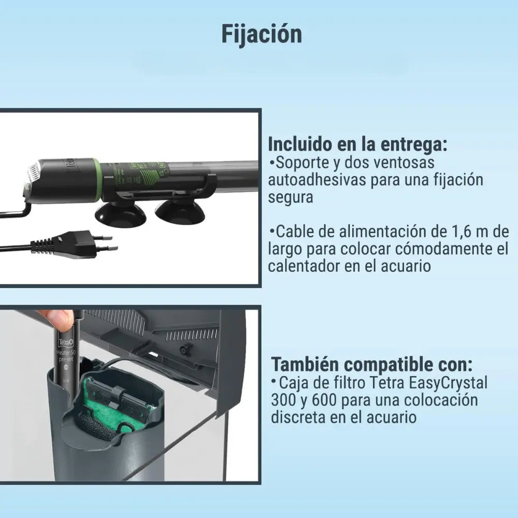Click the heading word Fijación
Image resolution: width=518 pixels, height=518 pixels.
(262, 34)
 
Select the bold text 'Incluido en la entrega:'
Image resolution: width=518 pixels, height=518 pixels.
(357, 144)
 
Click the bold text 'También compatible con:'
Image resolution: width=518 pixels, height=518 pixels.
(372, 364)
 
